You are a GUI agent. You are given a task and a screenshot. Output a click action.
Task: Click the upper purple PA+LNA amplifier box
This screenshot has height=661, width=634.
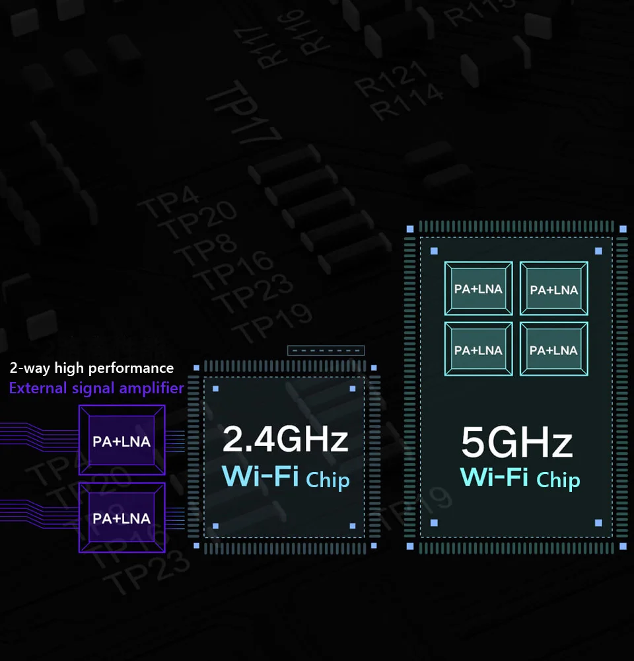(x=122, y=440)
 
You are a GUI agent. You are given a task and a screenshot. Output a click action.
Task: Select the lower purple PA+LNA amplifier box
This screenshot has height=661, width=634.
(x=122, y=518)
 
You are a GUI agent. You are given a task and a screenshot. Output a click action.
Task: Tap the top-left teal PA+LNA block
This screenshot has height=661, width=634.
(x=478, y=289)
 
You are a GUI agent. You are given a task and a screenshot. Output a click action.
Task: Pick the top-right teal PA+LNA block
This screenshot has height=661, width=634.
(x=553, y=289)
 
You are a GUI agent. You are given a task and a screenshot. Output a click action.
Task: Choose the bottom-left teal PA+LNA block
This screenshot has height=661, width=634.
(x=478, y=350)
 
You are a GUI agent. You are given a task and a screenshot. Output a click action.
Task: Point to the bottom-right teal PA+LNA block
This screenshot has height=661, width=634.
(x=553, y=350)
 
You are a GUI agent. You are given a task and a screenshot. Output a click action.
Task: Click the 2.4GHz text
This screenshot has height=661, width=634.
(x=285, y=439)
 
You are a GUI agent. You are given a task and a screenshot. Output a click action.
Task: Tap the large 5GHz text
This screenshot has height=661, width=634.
(x=516, y=442)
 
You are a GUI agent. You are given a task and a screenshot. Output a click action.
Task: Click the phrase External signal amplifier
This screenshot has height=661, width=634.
(x=96, y=388)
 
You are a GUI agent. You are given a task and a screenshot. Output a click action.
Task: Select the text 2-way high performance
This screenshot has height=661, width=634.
(x=92, y=368)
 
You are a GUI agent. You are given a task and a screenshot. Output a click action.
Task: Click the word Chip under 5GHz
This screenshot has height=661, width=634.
(x=558, y=479)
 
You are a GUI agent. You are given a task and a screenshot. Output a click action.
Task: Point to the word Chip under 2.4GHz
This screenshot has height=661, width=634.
(x=328, y=479)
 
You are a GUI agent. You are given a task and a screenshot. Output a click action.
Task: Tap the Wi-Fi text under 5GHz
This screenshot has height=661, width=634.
(x=494, y=477)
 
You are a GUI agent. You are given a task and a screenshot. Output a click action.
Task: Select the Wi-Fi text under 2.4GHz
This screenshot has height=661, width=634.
(x=261, y=476)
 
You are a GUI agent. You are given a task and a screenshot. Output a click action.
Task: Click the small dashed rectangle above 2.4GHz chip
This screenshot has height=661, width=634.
(x=326, y=350)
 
